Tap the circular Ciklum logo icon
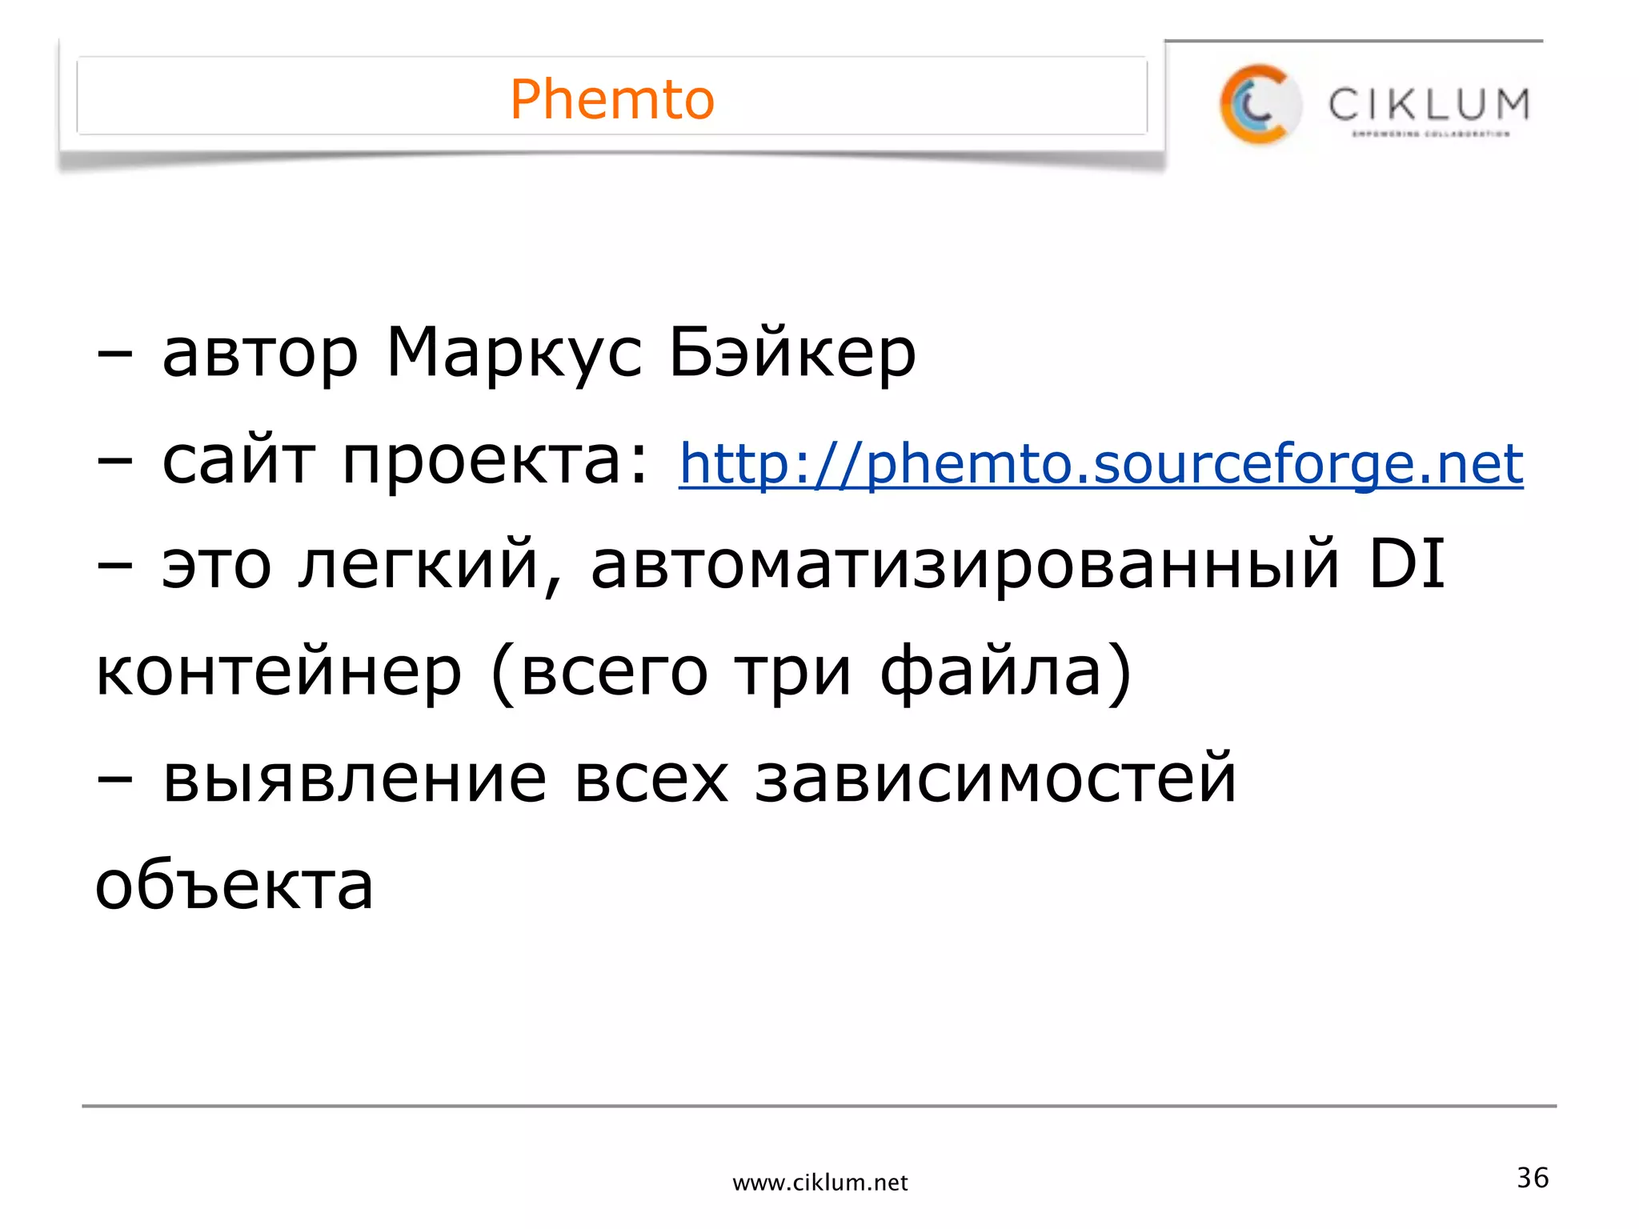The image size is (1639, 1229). tap(1258, 105)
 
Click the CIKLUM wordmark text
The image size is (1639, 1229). tap(1429, 105)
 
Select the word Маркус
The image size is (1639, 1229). tap(514, 354)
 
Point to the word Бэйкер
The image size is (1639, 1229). tap(792, 354)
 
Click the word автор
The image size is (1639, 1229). tap(260, 354)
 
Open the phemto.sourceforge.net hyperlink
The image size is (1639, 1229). tap(1101, 463)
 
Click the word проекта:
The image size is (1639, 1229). tap(495, 462)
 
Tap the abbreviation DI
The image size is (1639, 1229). tap(1407, 564)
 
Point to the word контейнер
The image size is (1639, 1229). tap(279, 672)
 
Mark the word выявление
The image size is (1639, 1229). tap(355, 779)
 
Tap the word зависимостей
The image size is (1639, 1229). tap(996, 779)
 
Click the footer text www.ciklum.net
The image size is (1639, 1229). tap(820, 1183)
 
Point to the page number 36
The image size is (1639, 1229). tap(1533, 1178)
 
